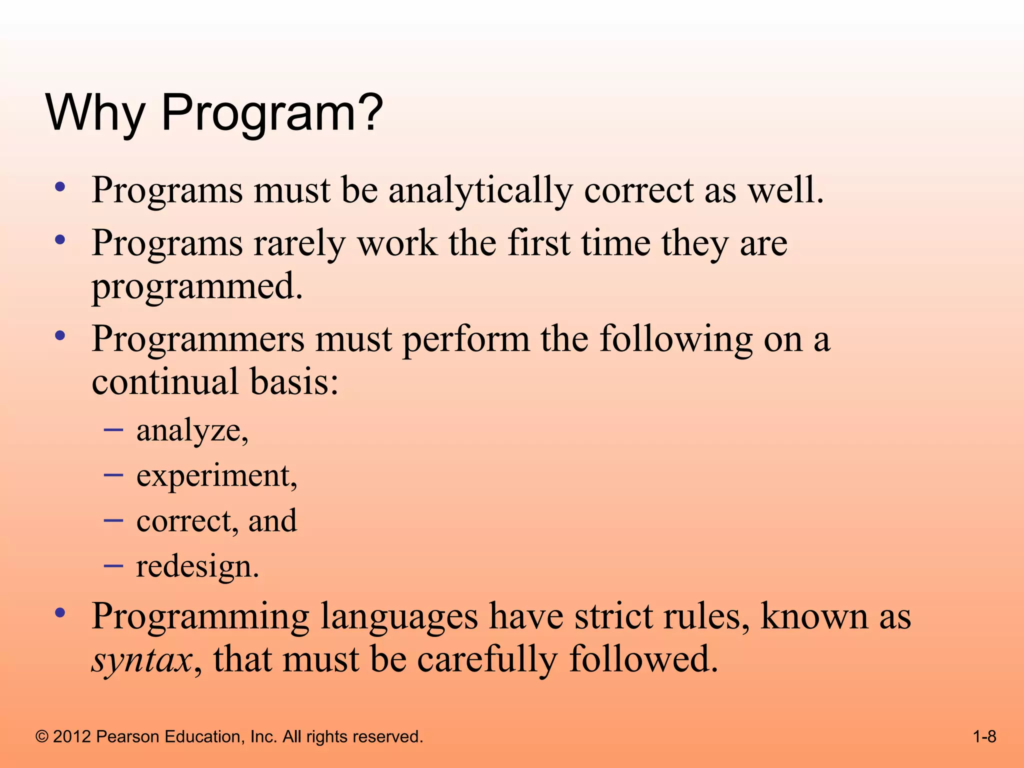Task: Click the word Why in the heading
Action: click(x=95, y=113)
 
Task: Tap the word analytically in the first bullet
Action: click(x=480, y=191)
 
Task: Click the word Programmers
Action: click(x=197, y=340)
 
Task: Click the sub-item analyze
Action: click(x=192, y=430)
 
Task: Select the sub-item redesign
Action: click(x=197, y=567)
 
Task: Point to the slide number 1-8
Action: click(x=984, y=736)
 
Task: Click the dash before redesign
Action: click(x=113, y=565)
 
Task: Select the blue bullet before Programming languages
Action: click(x=60, y=612)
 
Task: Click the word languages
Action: click(x=398, y=617)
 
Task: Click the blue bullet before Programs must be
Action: click(x=60, y=187)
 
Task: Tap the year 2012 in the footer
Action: click(x=71, y=736)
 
